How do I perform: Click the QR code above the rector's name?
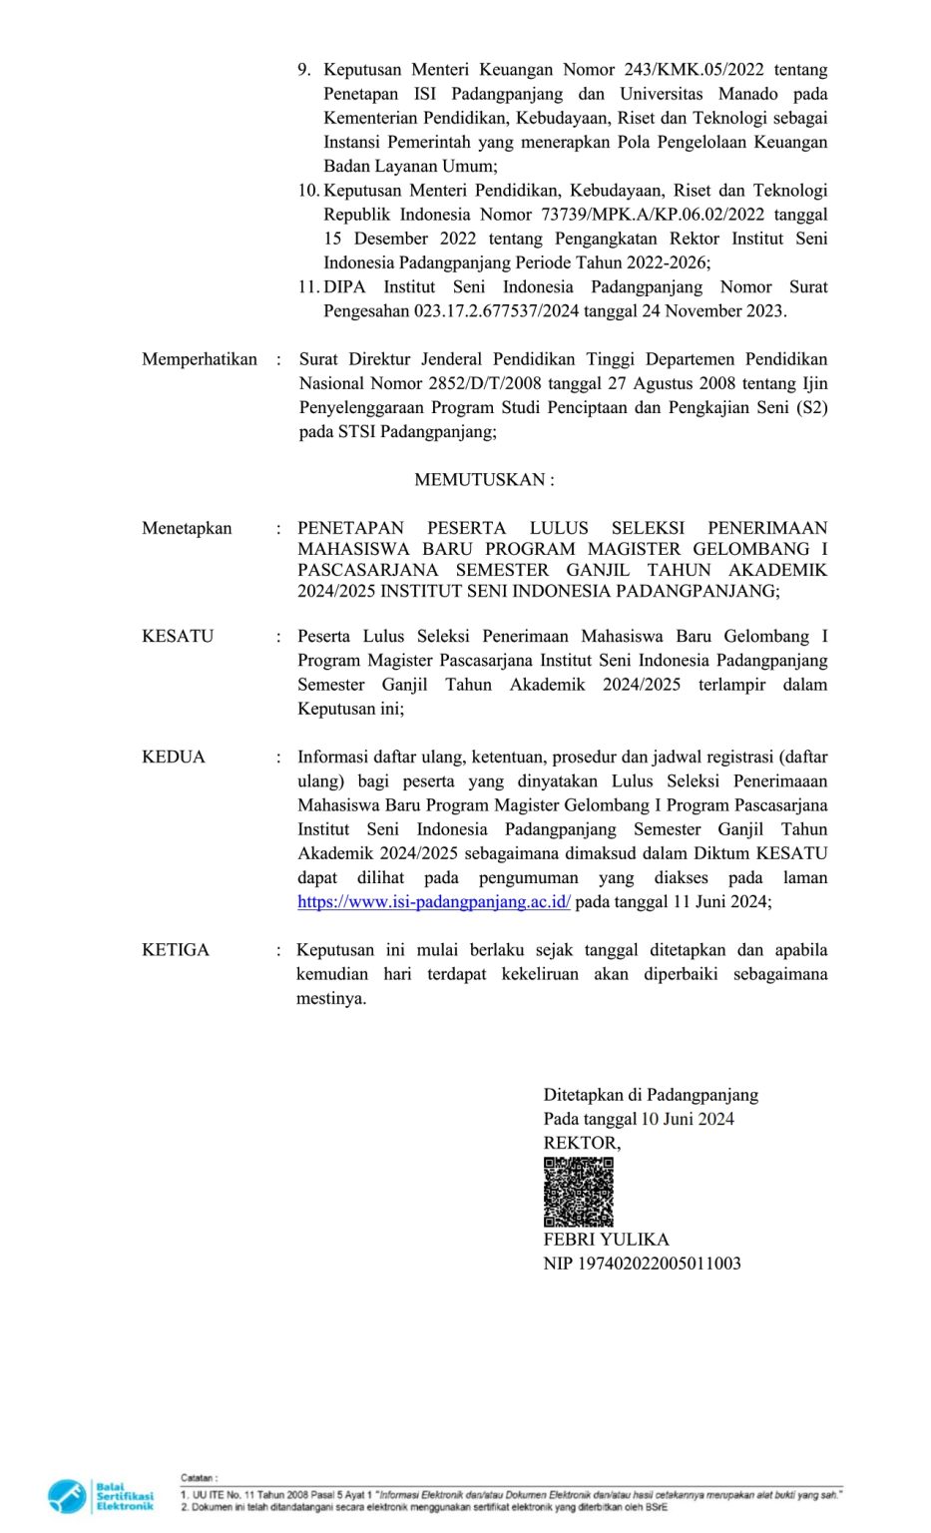click(x=578, y=1192)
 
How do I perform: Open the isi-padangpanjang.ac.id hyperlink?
click(x=434, y=902)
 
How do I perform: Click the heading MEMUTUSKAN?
click(x=484, y=480)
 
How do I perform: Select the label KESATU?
click(x=178, y=637)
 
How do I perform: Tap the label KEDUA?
click(x=174, y=758)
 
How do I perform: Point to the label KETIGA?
click(x=176, y=950)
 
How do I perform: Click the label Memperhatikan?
click(x=200, y=359)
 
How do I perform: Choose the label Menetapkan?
click(x=187, y=528)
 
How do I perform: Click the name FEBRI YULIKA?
click(x=606, y=1240)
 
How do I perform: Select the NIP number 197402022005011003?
click(x=660, y=1264)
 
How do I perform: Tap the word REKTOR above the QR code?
click(x=581, y=1143)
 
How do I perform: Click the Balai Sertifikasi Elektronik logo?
click(x=101, y=1496)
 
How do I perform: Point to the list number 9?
click(x=303, y=70)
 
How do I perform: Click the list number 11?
click(x=307, y=287)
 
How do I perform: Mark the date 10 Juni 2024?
click(x=688, y=1119)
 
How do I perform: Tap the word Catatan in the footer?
click(x=199, y=1477)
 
